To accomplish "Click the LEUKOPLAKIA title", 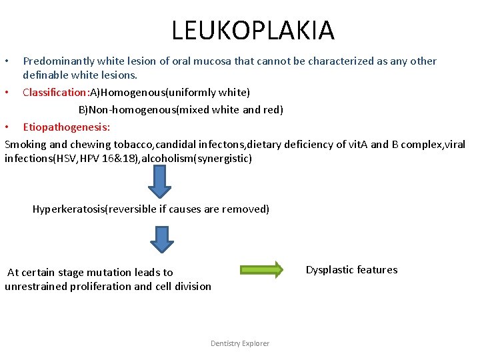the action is (253, 30).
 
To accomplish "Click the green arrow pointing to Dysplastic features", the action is (261, 269).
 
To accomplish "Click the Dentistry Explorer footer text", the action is (240, 343).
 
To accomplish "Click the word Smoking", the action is (25, 144).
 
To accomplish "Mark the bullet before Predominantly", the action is (7, 61).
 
